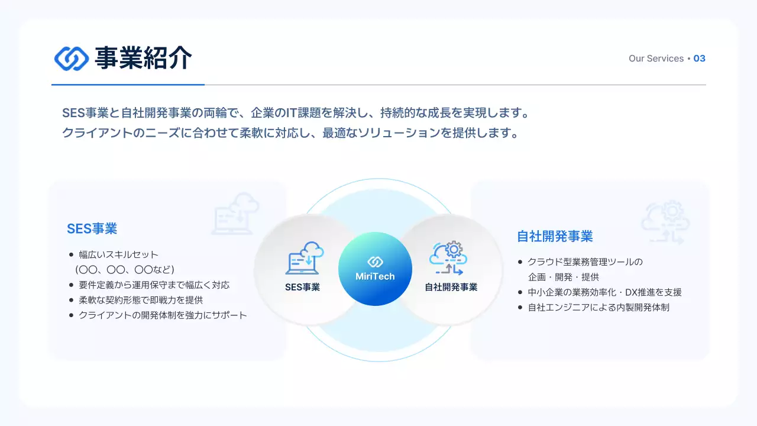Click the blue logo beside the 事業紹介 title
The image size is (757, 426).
[72, 58]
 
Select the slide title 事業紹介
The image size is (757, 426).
[143, 58]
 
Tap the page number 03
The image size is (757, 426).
[699, 59]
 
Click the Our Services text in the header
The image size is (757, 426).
[656, 59]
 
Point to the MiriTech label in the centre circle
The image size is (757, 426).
[375, 276]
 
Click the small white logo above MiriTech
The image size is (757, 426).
[375, 262]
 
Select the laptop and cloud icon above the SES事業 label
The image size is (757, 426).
[305, 258]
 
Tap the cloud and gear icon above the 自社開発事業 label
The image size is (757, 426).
[448, 257]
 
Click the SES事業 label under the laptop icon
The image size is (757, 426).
[302, 288]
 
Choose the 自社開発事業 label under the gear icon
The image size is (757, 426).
[451, 288]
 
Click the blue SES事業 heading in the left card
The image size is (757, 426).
[92, 228]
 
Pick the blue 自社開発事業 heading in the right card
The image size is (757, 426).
[555, 237]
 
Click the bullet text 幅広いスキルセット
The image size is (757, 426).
[119, 254]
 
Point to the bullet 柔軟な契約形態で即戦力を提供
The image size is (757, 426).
[141, 300]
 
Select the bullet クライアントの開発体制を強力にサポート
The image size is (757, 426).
[163, 315]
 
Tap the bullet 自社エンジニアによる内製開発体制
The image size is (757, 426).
[599, 308]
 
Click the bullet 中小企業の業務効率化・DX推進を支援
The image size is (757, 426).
[604, 292]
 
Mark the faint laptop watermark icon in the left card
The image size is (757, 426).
[235, 214]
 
